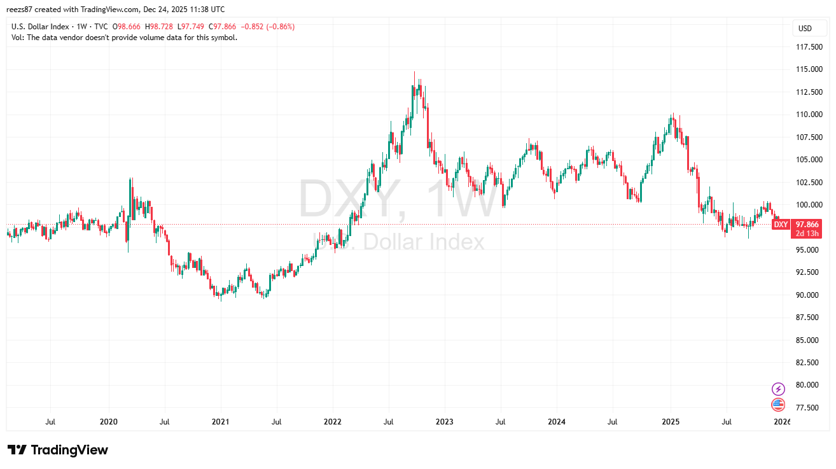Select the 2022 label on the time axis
click(x=332, y=421)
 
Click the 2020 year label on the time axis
click(x=109, y=421)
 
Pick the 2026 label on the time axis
click(x=783, y=421)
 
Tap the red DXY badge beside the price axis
click(x=781, y=225)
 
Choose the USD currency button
click(x=805, y=28)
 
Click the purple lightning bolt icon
click(x=778, y=389)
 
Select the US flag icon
click(x=778, y=404)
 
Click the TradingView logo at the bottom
click(x=58, y=450)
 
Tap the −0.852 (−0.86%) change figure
click(x=271, y=27)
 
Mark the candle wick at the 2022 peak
click(x=414, y=75)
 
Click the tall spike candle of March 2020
click(x=130, y=191)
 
